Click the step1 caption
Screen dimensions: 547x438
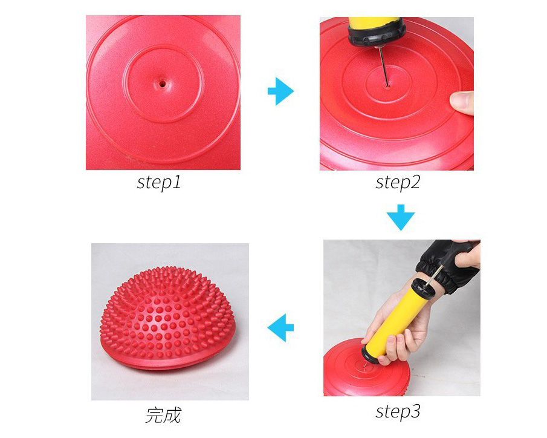pyautogui.click(x=159, y=182)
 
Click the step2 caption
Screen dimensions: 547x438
pyautogui.click(x=398, y=182)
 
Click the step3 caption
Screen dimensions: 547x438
pyautogui.click(x=398, y=411)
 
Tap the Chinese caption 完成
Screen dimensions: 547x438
pyautogui.click(x=163, y=415)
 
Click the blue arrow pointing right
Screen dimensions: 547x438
pyautogui.click(x=281, y=91)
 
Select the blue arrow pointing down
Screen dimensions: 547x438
pyautogui.click(x=401, y=217)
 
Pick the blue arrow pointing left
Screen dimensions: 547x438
pyautogui.click(x=280, y=328)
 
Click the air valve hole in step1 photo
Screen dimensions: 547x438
pyautogui.click(x=162, y=84)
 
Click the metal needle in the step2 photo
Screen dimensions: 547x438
pyautogui.click(x=383, y=67)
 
